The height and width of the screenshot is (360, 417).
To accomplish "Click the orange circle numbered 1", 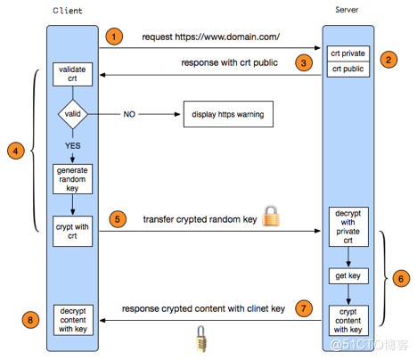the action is click(114, 37).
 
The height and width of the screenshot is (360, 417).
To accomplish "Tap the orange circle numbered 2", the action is click(388, 60).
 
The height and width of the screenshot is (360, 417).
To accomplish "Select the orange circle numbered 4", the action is click(16, 151).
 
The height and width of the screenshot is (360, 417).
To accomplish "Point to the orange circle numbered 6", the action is click(401, 279).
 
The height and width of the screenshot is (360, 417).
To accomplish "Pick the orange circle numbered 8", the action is click(30, 320).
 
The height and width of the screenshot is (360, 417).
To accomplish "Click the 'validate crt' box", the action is click(72, 74).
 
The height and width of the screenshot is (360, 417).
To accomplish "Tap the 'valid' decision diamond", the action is click(73, 114).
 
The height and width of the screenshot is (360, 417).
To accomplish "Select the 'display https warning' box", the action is click(228, 114).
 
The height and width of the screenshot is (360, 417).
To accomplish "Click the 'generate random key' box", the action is click(72, 179).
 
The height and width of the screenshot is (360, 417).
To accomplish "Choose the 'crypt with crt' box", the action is click(72, 231).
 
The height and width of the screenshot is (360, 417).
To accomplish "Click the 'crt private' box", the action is click(348, 53).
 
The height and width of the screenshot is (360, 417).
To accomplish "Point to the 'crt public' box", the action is click(348, 70).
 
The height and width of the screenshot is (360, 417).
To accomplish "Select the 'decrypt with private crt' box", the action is click(348, 226).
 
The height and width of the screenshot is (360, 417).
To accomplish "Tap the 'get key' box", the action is click(348, 276).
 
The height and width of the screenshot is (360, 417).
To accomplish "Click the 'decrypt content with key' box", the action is click(73, 320).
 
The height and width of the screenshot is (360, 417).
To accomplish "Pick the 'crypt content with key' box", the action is click(348, 321).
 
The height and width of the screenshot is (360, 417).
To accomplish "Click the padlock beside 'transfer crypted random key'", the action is click(271, 216).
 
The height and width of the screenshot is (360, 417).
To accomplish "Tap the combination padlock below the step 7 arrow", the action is click(201, 339).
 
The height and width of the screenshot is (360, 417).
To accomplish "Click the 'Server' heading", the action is click(347, 10).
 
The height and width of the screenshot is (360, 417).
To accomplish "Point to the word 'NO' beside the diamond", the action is click(129, 114).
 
